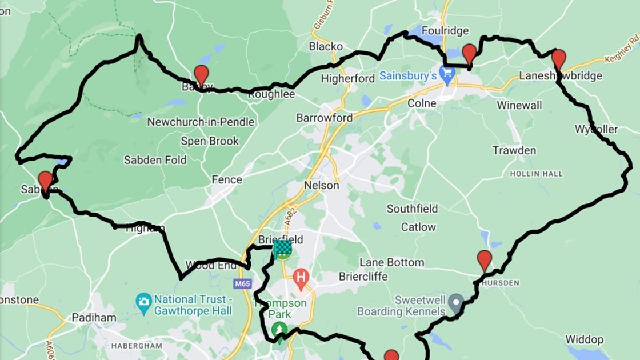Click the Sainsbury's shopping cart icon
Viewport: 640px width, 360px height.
tap(449, 74)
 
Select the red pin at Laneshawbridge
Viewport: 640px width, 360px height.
tap(558, 58)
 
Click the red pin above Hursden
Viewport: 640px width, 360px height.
tap(484, 260)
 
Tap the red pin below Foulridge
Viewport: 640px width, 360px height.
tap(469, 54)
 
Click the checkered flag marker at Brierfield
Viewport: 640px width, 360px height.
tap(282, 249)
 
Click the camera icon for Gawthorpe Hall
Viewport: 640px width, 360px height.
tap(143, 300)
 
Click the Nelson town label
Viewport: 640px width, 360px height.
tap(322, 185)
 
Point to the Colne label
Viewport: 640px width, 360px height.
tap(422, 103)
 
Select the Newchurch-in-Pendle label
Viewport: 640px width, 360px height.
tap(201, 122)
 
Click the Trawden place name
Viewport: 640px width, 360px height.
tap(514, 150)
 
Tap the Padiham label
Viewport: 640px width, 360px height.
tap(94, 317)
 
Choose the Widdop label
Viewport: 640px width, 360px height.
tap(584, 339)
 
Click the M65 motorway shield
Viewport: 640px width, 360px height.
tap(242, 283)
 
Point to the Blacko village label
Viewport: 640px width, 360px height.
tap(326, 46)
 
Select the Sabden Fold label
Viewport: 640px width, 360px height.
tap(155, 160)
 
